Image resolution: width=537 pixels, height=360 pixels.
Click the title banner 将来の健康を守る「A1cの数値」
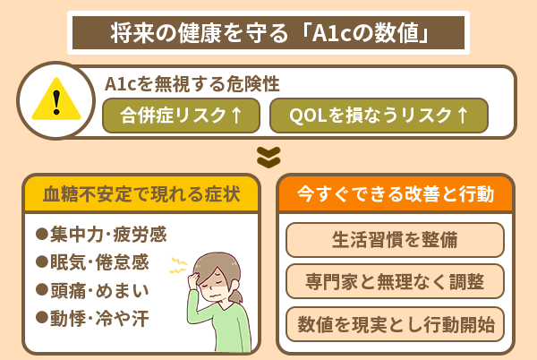268,33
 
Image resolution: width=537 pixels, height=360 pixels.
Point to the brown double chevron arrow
268,156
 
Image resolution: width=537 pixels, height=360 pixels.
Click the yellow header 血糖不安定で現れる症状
141,193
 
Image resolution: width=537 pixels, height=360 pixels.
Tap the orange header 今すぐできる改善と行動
394,193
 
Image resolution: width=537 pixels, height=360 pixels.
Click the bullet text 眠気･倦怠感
99,262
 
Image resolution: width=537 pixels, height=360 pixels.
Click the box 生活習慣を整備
395,240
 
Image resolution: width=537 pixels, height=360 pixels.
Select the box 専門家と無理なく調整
395,282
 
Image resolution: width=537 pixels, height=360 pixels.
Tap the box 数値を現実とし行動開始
395,323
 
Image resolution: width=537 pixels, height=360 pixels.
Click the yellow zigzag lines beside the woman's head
178,265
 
